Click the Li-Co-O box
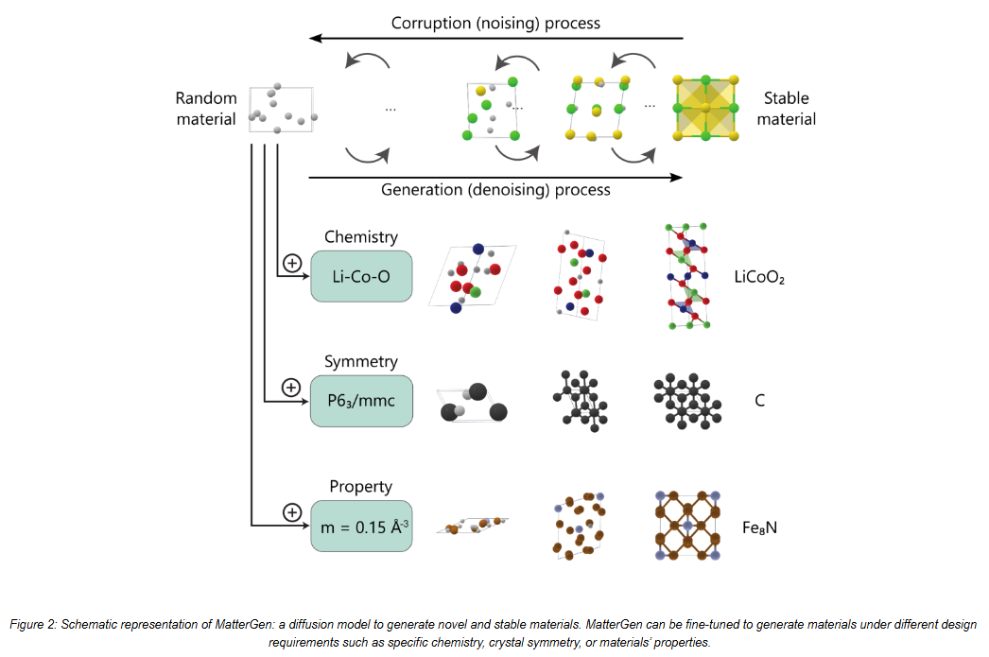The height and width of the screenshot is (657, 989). [361, 276]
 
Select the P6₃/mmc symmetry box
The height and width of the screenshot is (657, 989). [361, 401]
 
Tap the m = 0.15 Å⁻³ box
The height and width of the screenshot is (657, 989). [361, 527]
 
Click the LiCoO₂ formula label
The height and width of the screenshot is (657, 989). [759, 277]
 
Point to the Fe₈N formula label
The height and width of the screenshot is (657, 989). [759, 527]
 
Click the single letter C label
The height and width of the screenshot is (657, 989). [760, 401]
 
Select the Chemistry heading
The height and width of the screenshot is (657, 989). [361, 237]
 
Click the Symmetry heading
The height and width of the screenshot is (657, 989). [361, 361]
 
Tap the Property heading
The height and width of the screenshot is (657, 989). [361, 486]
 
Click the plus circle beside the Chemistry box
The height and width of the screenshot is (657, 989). [292, 263]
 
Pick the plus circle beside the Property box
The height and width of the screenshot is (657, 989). [292, 512]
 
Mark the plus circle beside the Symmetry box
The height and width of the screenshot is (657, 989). [291, 388]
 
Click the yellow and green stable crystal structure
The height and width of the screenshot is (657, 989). [705, 108]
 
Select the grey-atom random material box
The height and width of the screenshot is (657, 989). [282, 109]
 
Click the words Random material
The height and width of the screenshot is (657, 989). [206, 109]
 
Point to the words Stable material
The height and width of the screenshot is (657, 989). [786, 109]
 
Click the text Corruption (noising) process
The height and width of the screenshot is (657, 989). [495, 24]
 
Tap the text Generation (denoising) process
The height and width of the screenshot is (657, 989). [495, 190]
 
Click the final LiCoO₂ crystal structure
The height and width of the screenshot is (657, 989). [688, 276]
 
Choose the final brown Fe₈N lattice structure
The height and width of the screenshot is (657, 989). [687, 526]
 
